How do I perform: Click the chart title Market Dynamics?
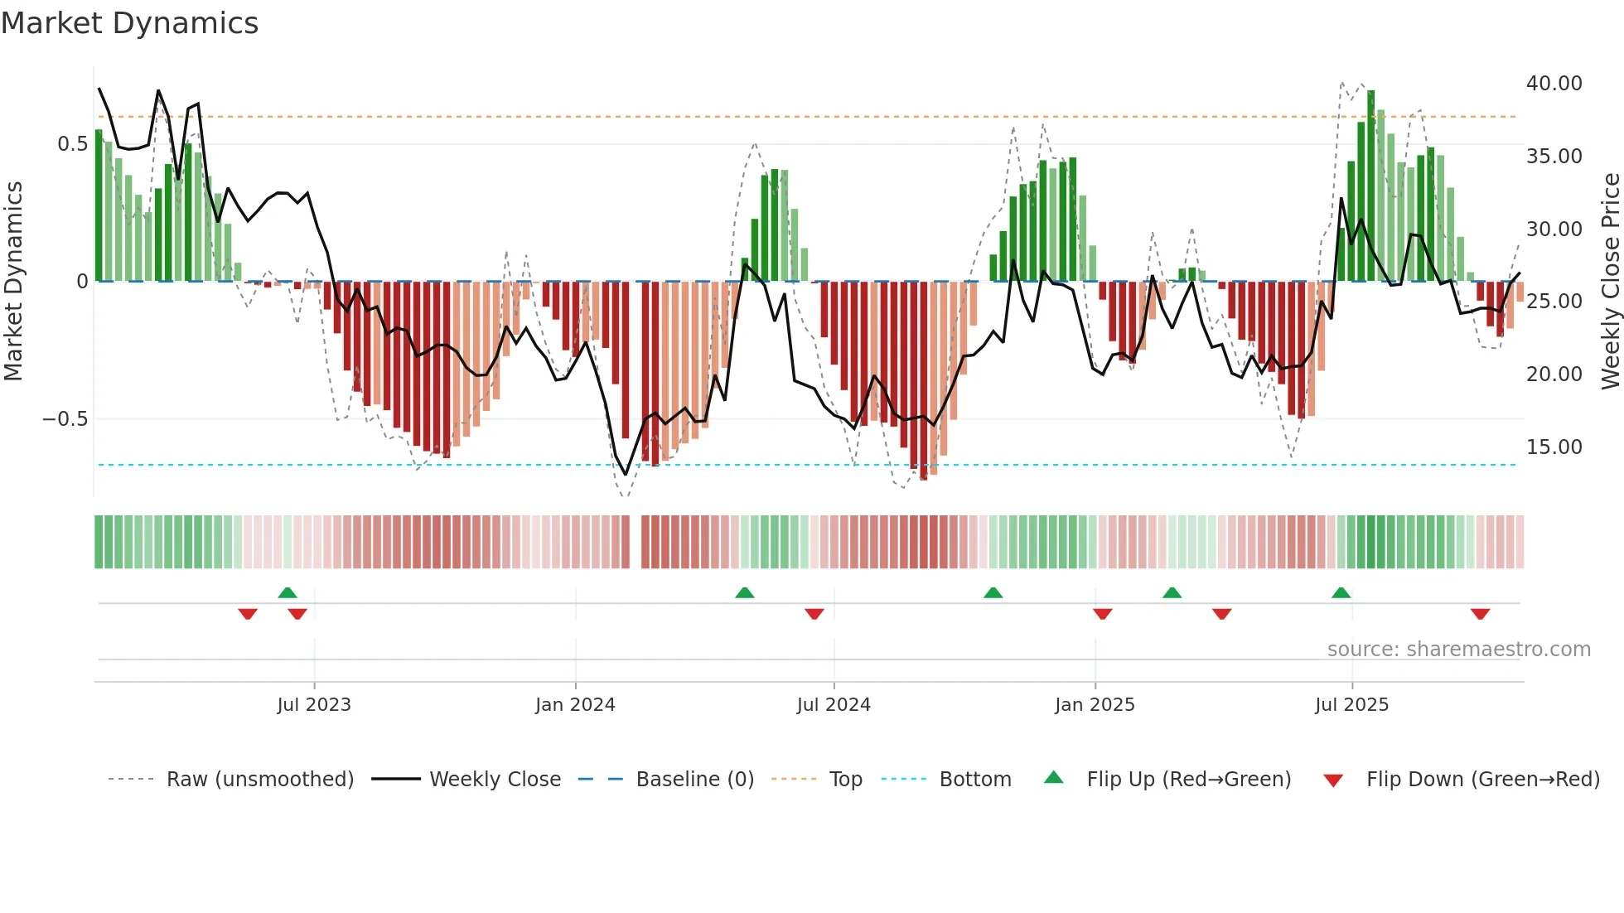(129, 23)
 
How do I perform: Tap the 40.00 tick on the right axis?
(1554, 84)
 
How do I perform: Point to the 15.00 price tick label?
(1554, 447)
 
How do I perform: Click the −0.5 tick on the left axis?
(65, 419)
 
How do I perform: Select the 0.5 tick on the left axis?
(72, 144)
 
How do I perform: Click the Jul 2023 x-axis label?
(314, 705)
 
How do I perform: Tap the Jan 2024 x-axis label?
(575, 705)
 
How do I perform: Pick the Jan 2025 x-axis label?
(1095, 705)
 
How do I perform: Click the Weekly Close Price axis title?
(1610, 282)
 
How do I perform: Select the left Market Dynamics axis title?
(13, 282)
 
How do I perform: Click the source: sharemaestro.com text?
(1458, 650)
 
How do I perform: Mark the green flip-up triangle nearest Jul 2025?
(1341, 592)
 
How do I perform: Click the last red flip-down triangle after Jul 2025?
(1480, 614)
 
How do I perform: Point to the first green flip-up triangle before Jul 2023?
(288, 592)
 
